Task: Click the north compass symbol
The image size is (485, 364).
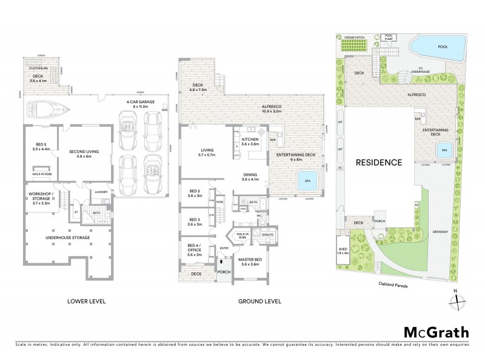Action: (x=458, y=299)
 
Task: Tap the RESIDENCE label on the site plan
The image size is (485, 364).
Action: (x=378, y=162)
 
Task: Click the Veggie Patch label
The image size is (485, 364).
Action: (x=355, y=37)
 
